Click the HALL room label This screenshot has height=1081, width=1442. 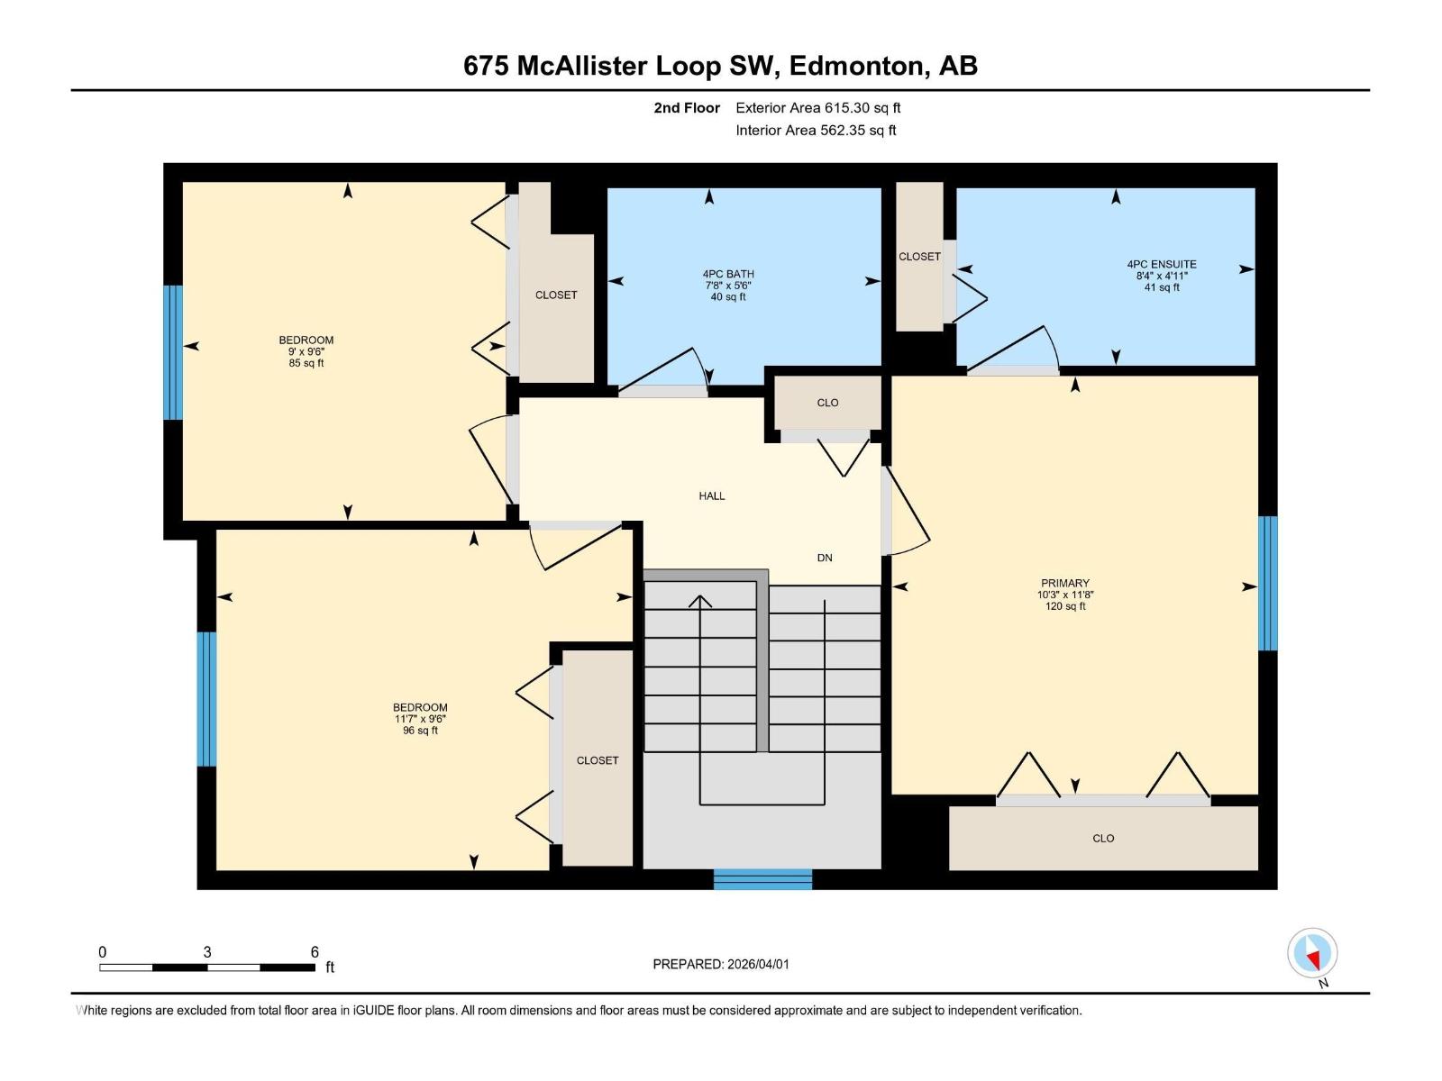(711, 495)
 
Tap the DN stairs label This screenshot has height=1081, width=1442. (825, 558)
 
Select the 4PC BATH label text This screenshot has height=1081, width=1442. (728, 275)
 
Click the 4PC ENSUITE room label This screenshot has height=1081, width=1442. (1161, 265)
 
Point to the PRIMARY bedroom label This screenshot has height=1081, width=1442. (1064, 584)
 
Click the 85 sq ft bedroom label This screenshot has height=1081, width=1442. (306, 351)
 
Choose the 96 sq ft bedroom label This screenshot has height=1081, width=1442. (420, 719)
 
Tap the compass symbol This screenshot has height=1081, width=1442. (1312, 953)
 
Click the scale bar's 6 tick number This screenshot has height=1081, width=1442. (315, 952)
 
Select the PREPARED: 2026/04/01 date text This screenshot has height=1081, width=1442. (720, 964)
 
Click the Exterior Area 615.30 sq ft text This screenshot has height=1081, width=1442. (817, 108)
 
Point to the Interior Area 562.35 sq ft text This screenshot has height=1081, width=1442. (816, 131)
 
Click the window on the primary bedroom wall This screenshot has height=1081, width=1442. (1267, 583)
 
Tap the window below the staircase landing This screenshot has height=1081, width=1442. (762, 879)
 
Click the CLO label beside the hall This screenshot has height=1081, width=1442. (827, 403)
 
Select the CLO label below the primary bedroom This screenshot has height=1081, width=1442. (1103, 839)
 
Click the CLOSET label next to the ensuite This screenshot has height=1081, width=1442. (919, 257)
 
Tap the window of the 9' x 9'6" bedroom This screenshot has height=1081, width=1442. (172, 352)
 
